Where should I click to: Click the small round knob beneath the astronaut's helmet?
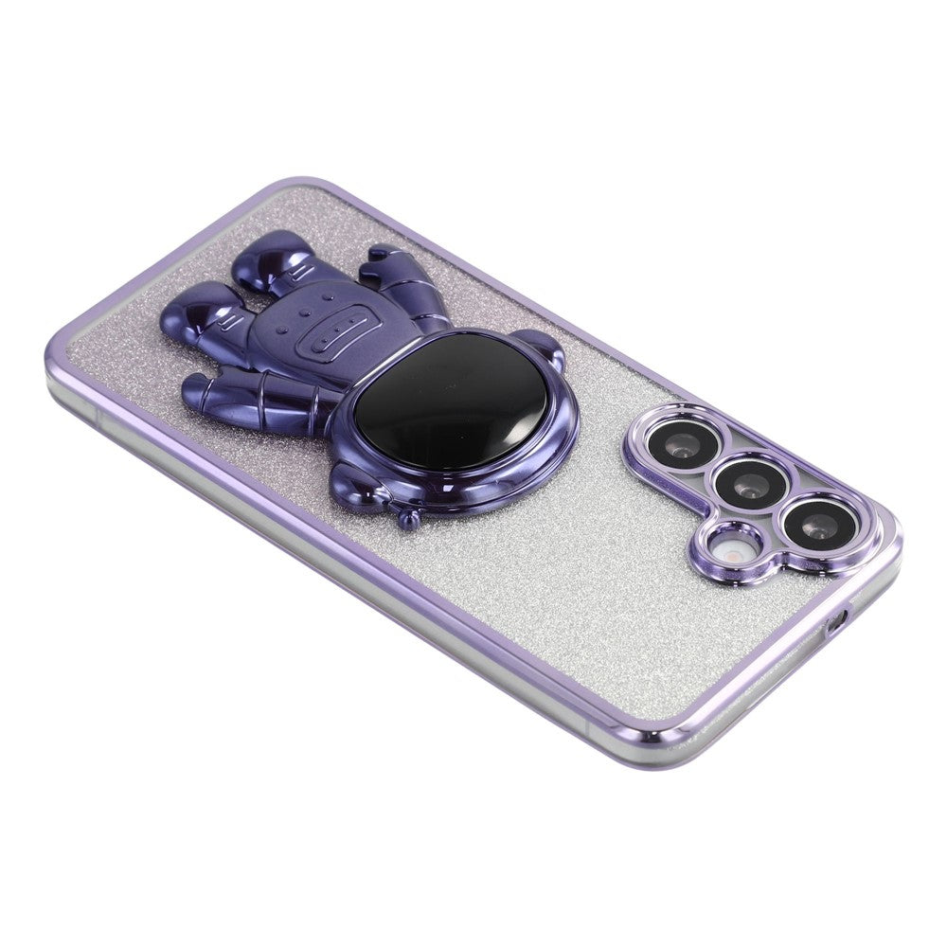(409, 518)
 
